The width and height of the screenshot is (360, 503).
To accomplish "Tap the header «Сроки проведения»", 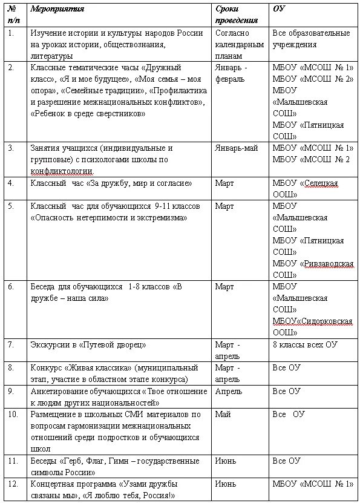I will [232, 15].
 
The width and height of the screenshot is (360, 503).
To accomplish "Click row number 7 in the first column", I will [11, 344].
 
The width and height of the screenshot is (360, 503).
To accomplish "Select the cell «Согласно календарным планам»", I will [240, 44].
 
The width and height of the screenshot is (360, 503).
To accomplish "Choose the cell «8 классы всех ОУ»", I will [305, 344].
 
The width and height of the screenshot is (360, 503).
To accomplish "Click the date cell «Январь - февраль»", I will [231, 73].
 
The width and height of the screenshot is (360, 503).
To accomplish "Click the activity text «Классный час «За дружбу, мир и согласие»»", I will [111, 183].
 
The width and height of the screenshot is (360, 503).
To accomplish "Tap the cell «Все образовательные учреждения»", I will [311, 39].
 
